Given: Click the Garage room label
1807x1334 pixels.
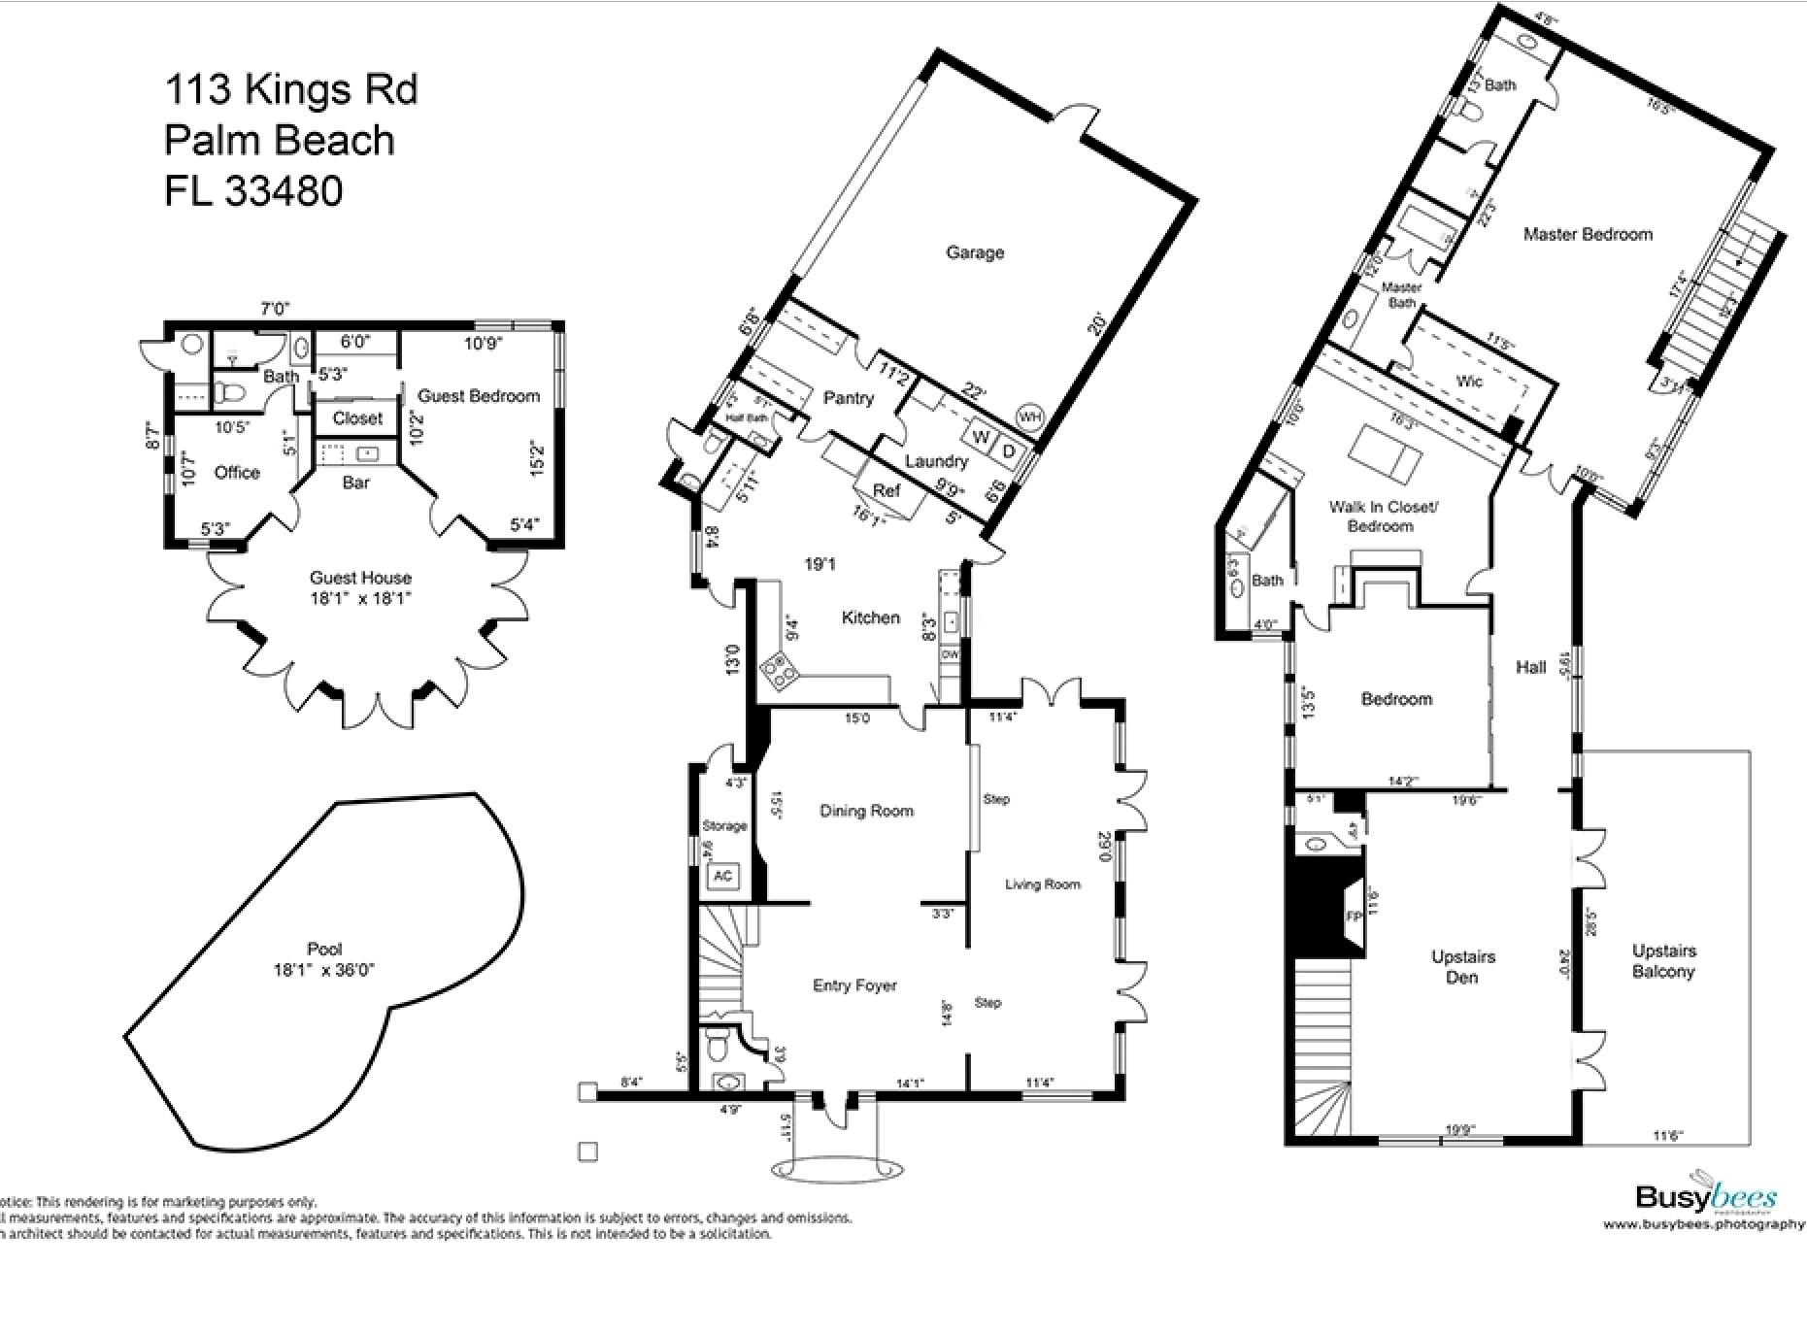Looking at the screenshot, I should (975, 252).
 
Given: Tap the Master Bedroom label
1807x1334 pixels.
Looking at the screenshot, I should (1588, 234).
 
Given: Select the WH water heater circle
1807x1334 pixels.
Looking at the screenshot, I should (1028, 417).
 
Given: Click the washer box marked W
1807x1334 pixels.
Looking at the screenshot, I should (981, 437).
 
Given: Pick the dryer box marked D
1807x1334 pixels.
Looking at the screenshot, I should (1009, 451).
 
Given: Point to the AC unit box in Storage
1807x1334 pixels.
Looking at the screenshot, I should (722, 876).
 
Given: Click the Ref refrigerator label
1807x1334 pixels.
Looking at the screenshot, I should (886, 491).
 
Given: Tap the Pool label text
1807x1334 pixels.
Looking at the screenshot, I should (323, 950).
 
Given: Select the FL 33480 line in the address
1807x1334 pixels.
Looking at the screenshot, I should (253, 190).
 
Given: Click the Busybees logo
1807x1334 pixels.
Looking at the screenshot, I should (1706, 1197).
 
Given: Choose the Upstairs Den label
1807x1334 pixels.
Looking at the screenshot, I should (1462, 967).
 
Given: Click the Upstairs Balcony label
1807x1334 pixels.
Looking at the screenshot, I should (1663, 961).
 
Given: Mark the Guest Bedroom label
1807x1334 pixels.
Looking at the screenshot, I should (478, 396).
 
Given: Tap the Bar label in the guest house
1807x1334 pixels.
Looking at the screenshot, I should (356, 483).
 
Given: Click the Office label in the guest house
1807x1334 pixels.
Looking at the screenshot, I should (237, 473).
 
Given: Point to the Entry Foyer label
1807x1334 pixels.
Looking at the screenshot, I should (854, 985).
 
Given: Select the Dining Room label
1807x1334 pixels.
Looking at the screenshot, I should (866, 811).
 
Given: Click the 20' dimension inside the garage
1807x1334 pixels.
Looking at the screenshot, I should (1096, 324).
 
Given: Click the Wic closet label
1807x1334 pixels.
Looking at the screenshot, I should (1469, 382).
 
